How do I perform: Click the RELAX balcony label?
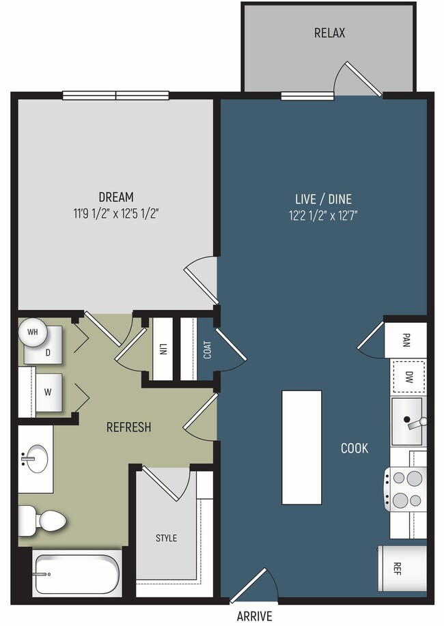pos(329,33)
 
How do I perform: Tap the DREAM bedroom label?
pos(116,197)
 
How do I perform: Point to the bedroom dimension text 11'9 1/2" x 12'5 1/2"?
pos(116,214)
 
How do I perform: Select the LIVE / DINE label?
pos(323,199)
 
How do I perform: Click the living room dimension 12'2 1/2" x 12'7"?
pos(323,216)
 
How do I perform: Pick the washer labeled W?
pos(48,393)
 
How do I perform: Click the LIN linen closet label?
pos(163,349)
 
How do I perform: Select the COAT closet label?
pos(207,350)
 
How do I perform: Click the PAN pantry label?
pos(406,340)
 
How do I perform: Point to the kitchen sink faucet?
pos(415,423)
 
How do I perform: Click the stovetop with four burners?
pos(406,489)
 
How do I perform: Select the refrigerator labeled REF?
pos(402,569)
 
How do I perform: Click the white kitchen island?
pos(302,448)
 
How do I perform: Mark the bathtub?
pos(77,574)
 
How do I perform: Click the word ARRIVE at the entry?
pos(255,616)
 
